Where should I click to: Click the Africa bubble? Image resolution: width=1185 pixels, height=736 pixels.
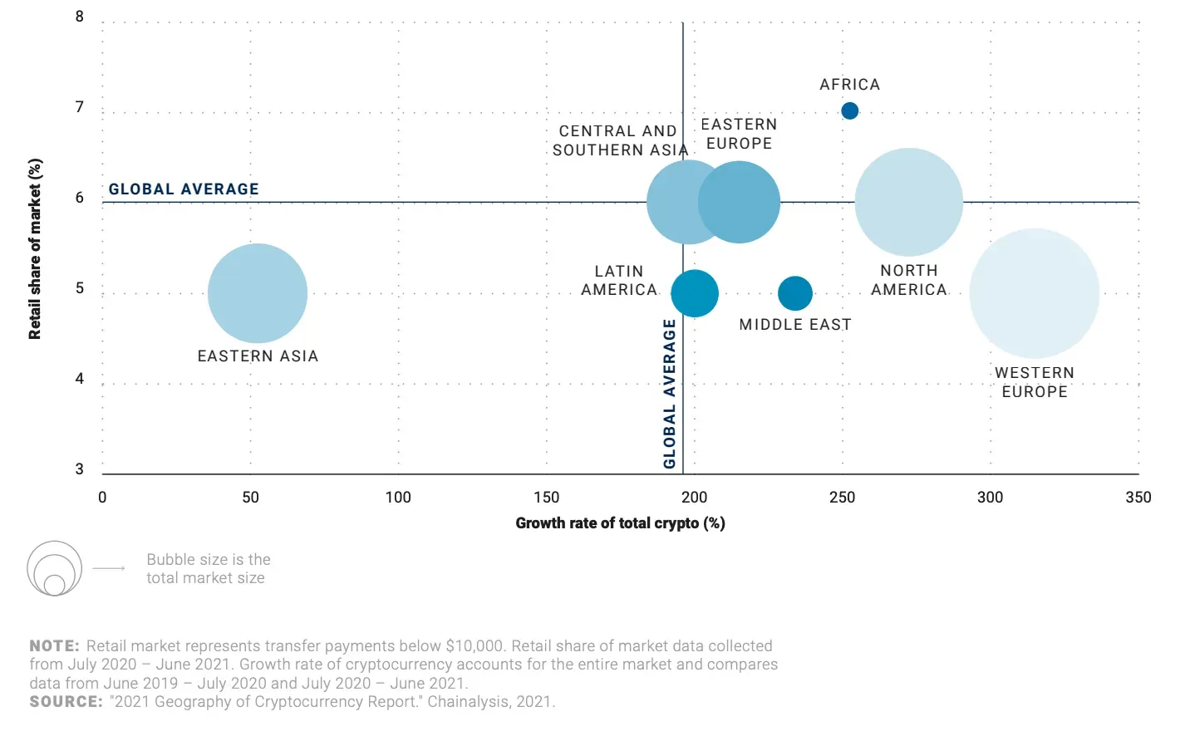849,110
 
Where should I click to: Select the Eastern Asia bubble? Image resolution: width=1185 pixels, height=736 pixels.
258,293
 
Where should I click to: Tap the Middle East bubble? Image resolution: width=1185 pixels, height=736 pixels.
795,292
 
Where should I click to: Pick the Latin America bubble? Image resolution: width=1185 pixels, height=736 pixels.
695,293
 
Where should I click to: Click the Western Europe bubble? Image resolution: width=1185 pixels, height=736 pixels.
1035,293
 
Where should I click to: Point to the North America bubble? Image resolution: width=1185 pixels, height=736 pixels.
909,202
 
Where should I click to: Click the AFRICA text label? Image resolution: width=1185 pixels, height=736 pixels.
849,85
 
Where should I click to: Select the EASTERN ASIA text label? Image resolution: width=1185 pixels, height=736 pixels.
258,356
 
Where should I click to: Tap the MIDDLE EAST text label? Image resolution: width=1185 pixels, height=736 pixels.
795,325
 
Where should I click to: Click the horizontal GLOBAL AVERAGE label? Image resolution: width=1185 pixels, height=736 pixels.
184,189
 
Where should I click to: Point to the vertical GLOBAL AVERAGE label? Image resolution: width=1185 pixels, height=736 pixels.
670,394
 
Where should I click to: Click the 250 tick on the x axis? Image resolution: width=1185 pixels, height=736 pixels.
842,498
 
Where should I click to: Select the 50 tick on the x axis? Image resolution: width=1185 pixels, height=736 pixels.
250,498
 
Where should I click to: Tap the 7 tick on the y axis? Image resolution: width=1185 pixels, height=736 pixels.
80,107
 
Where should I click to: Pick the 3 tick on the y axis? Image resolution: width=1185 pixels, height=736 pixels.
80,469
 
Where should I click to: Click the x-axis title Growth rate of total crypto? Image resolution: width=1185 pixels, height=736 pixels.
620,523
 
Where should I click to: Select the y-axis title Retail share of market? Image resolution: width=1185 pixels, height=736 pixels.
35,249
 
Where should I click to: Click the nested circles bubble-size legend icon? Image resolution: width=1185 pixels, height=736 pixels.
54,569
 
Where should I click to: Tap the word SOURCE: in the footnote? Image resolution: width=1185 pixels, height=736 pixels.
66,702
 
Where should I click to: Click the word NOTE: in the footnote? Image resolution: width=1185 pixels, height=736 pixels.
54,646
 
